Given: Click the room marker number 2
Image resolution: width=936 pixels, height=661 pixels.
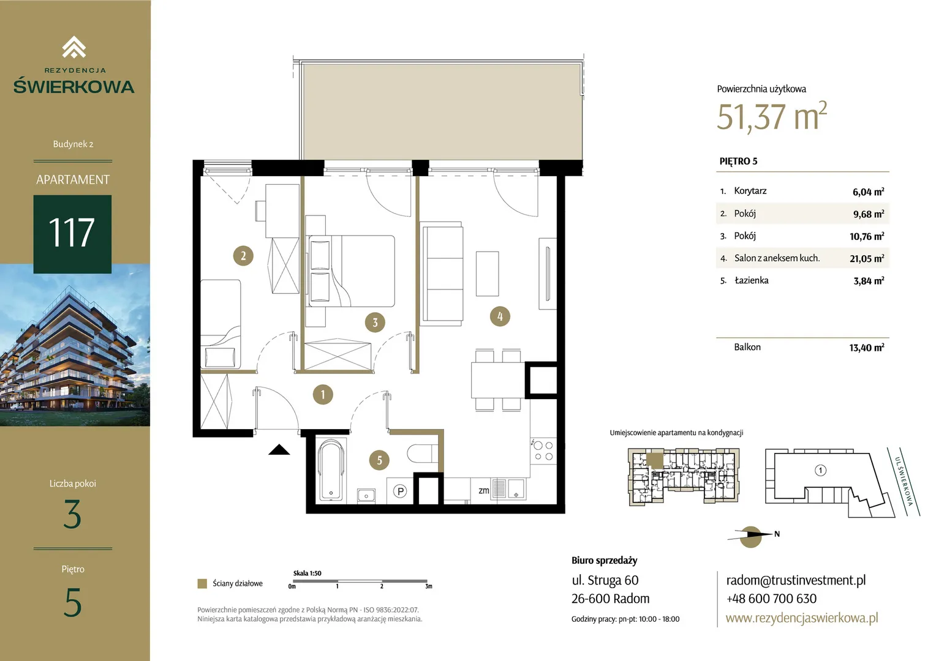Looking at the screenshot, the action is pyautogui.click(x=243, y=256).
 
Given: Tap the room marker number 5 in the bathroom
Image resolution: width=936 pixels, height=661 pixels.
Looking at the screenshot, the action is pyautogui.click(x=379, y=460).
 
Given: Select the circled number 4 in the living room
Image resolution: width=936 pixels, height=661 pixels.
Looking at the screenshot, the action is pyautogui.click(x=500, y=316).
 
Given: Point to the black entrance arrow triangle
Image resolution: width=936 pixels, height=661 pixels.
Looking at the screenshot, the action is pyautogui.click(x=279, y=450).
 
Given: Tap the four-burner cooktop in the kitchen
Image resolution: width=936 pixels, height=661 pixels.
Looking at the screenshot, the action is pyautogui.click(x=543, y=451).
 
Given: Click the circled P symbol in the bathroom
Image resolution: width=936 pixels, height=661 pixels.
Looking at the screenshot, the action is pyautogui.click(x=400, y=491).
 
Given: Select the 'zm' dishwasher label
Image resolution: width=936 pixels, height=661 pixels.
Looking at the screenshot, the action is pyautogui.click(x=484, y=491).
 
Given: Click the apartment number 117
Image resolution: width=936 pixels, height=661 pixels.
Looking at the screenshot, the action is pyautogui.click(x=72, y=233).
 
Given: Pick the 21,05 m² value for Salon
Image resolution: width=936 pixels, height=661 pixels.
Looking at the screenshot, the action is pyautogui.click(x=867, y=258).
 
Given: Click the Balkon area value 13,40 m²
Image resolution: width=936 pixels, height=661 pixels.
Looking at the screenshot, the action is pyautogui.click(x=867, y=348).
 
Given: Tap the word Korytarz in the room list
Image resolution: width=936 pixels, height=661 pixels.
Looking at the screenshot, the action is pyautogui.click(x=750, y=191).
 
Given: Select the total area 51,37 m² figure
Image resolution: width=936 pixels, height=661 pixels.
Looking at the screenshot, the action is pyautogui.click(x=772, y=116).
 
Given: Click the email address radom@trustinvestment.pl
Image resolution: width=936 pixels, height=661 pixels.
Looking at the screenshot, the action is pyautogui.click(x=796, y=580).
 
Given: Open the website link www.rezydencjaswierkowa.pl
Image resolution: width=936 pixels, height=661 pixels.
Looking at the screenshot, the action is pyautogui.click(x=802, y=618).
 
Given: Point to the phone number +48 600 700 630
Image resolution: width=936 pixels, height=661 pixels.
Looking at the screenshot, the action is pyautogui.click(x=771, y=599).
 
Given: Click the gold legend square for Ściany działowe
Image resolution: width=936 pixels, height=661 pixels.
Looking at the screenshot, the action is pyautogui.click(x=202, y=583).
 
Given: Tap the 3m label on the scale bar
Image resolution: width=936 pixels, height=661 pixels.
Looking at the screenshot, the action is pyautogui.click(x=429, y=586).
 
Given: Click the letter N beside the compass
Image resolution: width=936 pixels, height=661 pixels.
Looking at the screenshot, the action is pyautogui.click(x=777, y=534).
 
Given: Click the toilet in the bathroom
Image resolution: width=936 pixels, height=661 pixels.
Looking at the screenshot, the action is pyautogui.click(x=422, y=454).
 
